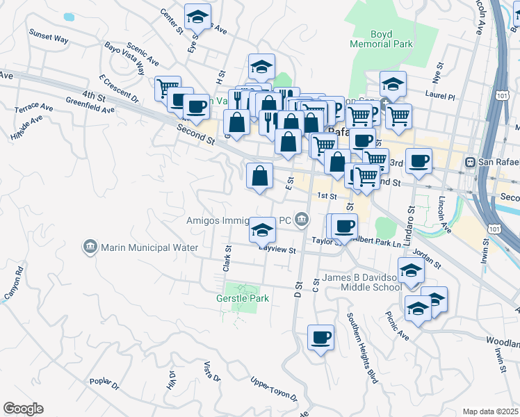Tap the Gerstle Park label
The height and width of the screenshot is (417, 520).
pos(245,298)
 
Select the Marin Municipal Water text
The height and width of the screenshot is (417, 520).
pos(149,247)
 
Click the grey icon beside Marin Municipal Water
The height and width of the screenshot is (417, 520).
pos(90,247)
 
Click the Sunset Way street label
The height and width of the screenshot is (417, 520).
pos(48,36)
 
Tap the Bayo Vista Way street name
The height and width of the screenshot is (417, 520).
pos(124,58)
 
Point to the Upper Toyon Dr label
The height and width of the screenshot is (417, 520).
pos(274,391)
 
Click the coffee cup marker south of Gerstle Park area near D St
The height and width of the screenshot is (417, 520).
pos(320,338)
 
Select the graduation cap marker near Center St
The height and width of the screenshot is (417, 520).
pos(197,16)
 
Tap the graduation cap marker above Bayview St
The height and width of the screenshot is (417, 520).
pos(262,229)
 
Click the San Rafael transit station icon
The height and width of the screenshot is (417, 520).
pos(471,162)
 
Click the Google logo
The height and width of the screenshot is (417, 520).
pos(23,409)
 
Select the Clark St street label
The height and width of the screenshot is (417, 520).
pos(227,257)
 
